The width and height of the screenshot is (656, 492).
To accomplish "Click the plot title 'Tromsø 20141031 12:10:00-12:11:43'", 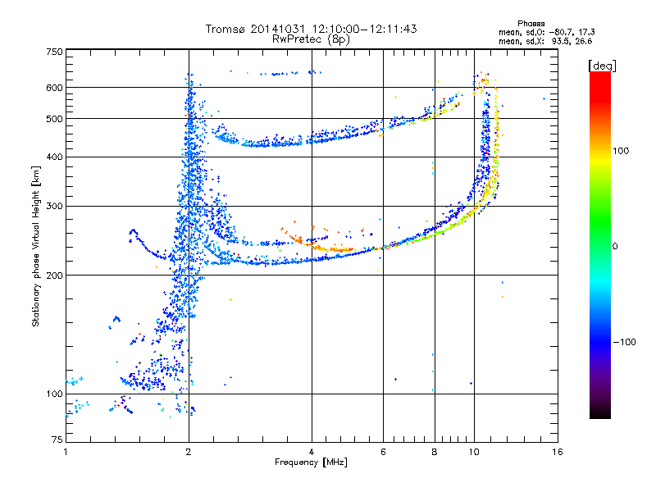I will pos(312,29).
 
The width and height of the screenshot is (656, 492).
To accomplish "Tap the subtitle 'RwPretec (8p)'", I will pos(312,39).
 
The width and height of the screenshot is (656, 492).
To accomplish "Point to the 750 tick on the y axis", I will pos(54,52).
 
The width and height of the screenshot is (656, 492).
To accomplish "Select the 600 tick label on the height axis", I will pos(54,87).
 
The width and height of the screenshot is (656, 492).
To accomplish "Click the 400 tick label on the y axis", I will pos(54,157).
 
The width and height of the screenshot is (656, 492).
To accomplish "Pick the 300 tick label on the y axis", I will pos(54,207).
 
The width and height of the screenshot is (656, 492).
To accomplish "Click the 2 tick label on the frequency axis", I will pos(189,452).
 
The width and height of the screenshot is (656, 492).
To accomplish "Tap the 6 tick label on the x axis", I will pos(384,452).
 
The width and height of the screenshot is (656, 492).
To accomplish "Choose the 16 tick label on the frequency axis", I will pos(558,452).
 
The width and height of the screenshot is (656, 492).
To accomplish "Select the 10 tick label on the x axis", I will pos(473,452).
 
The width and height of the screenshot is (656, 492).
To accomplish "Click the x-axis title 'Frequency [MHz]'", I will pos(312,463).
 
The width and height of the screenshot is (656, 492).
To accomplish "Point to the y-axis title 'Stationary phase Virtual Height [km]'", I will pos(36,246).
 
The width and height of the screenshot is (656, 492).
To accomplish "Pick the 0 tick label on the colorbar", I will pos(617,247).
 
